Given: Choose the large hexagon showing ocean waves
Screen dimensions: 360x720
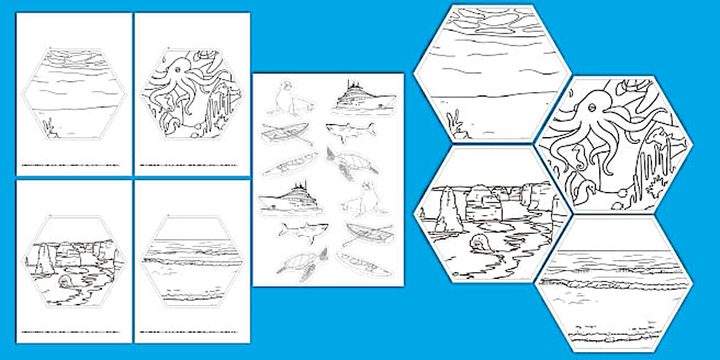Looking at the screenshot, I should tap(614, 283).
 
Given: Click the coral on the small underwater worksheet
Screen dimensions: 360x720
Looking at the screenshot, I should tap(50, 127).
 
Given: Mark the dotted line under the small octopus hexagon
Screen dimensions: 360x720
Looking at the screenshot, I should tap(192, 166).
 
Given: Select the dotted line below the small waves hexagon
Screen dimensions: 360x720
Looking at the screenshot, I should tap(192, 331).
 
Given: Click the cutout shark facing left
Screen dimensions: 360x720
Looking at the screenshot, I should tap(350, 131).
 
